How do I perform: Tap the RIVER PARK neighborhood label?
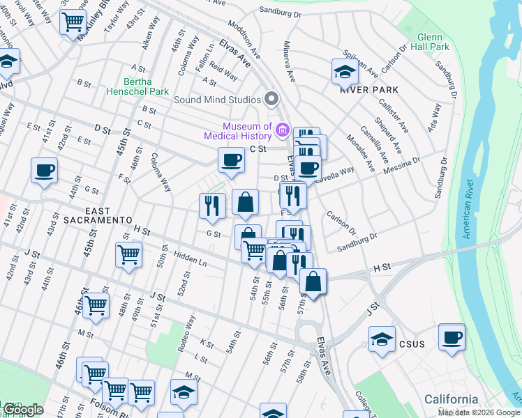point(369,90)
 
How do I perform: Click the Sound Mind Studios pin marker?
point(272,100)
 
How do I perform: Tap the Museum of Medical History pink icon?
point(283,129)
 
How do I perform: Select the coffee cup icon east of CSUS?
point(452,336)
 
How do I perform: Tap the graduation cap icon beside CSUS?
point(382,339)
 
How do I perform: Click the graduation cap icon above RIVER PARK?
point(344,70)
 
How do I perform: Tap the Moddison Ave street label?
point(245,40)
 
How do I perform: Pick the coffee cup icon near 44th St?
point(45,170)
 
